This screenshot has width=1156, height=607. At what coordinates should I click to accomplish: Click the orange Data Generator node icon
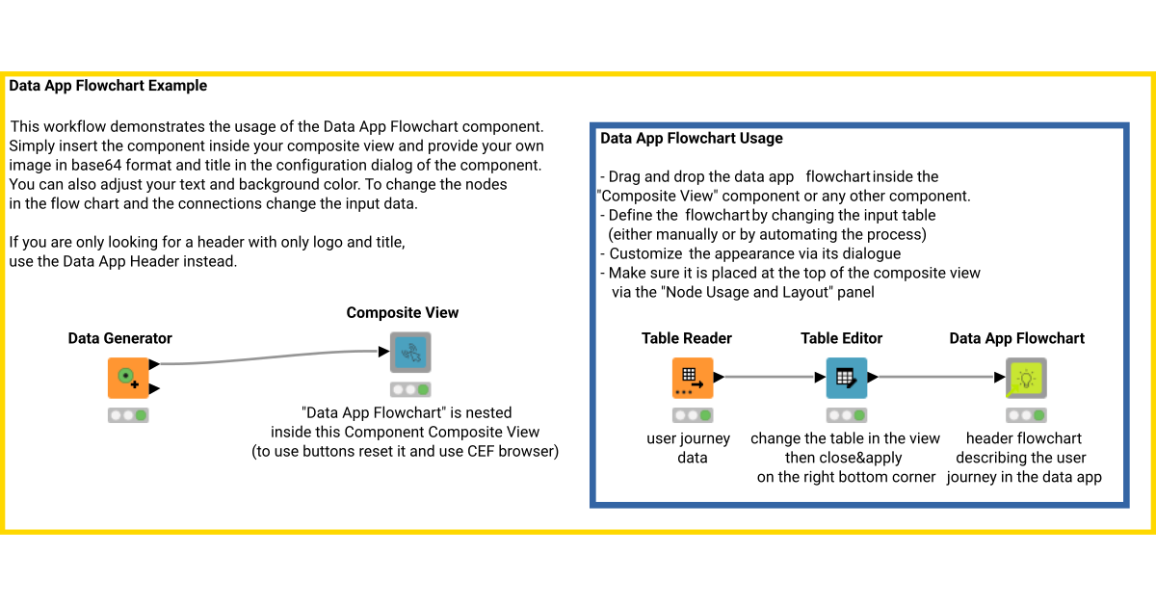127,378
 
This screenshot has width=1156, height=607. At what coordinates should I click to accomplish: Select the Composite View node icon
410,353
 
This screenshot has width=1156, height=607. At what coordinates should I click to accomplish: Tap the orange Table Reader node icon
692,378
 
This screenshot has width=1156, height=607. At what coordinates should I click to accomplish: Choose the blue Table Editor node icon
846,378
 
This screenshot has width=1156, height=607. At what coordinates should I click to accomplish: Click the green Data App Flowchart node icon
1025,378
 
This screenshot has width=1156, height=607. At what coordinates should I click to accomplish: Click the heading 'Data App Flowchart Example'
108,86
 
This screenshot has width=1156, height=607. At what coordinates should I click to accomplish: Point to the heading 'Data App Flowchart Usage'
691,138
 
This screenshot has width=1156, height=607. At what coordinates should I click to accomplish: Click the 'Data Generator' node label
119,338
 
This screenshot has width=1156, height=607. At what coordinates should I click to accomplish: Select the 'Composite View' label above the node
403,312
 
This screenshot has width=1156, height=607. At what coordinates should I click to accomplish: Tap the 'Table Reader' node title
687,338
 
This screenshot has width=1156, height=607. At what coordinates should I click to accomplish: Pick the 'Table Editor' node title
841,338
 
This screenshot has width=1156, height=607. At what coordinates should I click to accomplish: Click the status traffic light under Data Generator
127,415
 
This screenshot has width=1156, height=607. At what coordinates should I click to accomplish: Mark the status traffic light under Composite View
410,390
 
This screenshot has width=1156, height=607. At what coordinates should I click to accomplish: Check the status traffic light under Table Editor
846,415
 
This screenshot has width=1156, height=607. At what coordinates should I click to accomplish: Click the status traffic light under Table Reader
692,415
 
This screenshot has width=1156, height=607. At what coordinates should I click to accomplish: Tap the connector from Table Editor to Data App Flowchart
934,378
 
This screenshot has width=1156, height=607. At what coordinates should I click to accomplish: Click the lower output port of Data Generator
154,388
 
